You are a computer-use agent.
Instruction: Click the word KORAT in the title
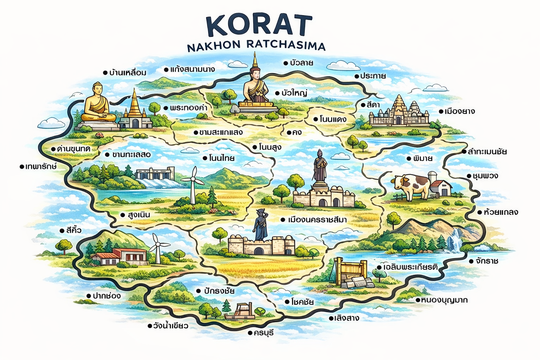click(x=259, y=26)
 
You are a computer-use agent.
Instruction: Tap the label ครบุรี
click(x=263, y=333)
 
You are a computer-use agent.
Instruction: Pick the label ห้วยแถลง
click(x=501, y=212)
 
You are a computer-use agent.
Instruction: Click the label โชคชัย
click(x=302, y=302)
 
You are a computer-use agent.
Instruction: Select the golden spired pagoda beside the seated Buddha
click(x=135, y=109)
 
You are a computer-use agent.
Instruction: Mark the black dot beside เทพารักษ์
click(x=22, y=167)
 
